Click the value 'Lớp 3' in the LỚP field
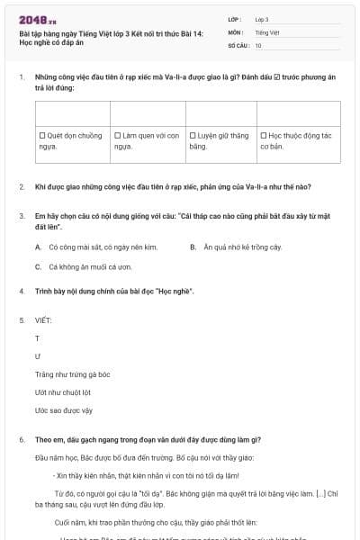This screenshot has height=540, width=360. [262, 19]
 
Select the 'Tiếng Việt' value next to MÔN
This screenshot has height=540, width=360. [265, 31]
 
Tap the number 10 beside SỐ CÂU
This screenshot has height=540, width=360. [258, 45]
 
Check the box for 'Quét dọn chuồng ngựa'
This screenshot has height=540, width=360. [42, 135]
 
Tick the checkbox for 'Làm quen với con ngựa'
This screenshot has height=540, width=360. [117, 135]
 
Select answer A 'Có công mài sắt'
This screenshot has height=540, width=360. [39, 247]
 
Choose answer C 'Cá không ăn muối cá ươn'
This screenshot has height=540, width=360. [39, 267]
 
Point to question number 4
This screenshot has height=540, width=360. [21, 292]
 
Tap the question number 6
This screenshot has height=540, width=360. [21, 439]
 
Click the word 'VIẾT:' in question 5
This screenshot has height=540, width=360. [43, 320]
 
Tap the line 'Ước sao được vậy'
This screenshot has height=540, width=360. [63, 410]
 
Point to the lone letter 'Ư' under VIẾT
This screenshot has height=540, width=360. [38, 356]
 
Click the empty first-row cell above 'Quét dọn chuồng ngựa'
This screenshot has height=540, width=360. [72, 113]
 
